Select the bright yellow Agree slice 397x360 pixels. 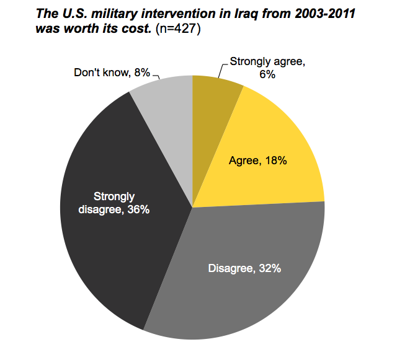point(273,143)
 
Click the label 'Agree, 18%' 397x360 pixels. point(258,160)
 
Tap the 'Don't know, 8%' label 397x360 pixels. point(112,72)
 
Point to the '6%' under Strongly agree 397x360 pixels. point(268,74)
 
